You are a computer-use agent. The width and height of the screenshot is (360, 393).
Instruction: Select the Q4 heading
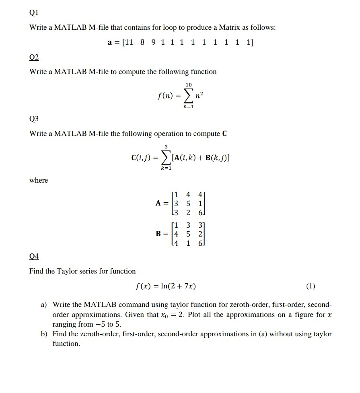[x=34, y=256]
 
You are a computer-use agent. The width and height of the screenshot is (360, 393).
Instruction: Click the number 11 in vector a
[x=128, y=42]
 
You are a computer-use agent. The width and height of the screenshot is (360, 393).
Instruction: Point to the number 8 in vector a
[x=142, y=42]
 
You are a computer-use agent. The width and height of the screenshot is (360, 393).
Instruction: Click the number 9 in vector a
[x=153, y=42]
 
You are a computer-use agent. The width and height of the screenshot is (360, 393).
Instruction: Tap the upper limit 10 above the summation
[x=189, y=84]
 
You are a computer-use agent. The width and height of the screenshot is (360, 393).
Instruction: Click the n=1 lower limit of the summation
[x=188, y=107]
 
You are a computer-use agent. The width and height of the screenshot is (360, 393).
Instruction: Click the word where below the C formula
[x=39, y=180]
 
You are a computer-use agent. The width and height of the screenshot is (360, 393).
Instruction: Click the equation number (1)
[x=311, y=286]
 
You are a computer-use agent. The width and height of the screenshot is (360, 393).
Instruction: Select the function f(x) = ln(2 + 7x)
[x=166, y=286]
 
